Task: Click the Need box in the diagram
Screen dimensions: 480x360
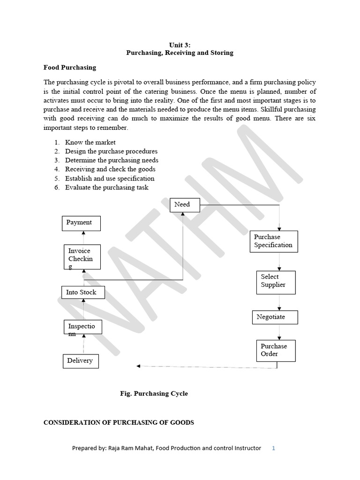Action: tap(185, 205)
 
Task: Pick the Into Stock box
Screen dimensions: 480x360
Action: tap(83, 292)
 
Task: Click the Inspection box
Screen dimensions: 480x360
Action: tap(83, 327)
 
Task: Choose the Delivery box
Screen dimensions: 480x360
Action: tap(81, 361)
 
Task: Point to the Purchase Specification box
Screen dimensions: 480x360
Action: tap(274, 241)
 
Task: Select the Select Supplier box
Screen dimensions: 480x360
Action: tap(276, 282)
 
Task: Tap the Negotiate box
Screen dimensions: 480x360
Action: tap(275, 317)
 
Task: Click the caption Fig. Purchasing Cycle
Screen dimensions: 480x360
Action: tap(154, 393)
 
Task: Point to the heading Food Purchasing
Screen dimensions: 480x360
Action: tap(70, 67)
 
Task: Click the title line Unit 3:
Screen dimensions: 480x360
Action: tap(180, 45)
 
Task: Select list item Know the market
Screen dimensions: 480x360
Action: tap(90, 142)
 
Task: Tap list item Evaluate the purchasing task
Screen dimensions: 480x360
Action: tap(106, 187)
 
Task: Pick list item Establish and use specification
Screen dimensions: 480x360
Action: tap(109, 178)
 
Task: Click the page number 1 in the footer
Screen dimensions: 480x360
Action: tap(273, 448)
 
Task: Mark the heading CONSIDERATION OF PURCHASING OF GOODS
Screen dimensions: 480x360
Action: tap(119, 422)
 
